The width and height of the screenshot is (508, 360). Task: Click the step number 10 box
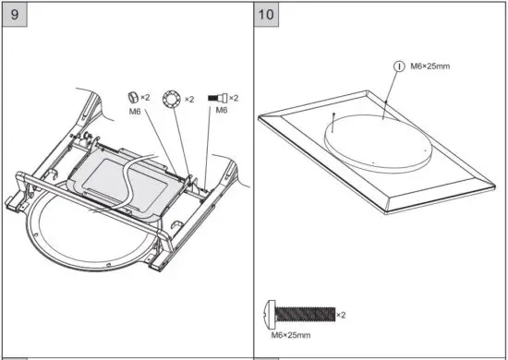(266, 15)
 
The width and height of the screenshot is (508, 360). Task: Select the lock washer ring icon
(171, 98)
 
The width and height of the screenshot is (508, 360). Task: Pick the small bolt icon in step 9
(220, 98)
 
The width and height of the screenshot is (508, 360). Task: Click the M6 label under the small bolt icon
(221, 111)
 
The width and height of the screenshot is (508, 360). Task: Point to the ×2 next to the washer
(189, 99)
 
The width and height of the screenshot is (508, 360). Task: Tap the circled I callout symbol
(399, 66)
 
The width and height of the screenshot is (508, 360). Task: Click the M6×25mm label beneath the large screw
(292, 334)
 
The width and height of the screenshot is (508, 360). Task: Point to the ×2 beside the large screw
(341, 315)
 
